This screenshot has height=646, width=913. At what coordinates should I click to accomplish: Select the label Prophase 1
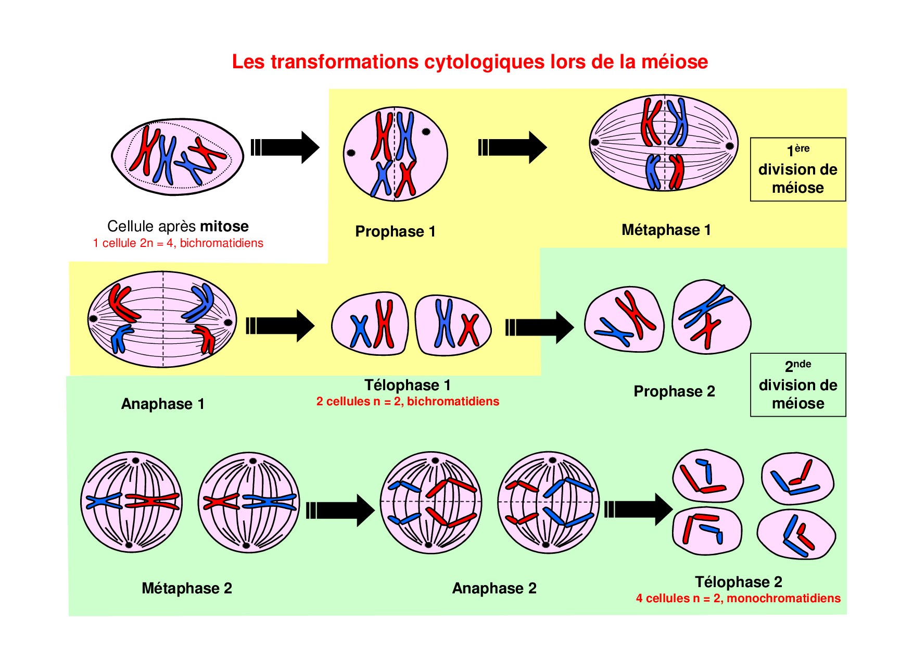[395, 231]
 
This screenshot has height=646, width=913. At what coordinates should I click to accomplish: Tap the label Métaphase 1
[666, 230]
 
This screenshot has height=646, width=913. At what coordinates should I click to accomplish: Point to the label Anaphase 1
[163, 404]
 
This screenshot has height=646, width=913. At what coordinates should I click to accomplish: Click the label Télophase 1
[407, 385]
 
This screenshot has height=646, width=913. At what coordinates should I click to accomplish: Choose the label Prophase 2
[674, 391]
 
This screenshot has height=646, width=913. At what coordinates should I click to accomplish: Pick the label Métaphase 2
[187, 588]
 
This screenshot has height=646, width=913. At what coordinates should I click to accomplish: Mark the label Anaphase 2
[494, 588]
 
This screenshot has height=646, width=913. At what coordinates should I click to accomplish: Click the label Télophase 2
[738, 581]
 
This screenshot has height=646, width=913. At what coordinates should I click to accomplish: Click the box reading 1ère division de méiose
[797, 169]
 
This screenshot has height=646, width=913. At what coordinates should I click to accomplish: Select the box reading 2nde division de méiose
[797, 385]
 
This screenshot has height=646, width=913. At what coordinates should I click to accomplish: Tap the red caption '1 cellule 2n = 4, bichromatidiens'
[178, 243]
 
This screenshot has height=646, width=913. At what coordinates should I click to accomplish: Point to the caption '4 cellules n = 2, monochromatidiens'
[738, 598]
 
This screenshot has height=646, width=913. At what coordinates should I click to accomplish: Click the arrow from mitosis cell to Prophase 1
[285, 147]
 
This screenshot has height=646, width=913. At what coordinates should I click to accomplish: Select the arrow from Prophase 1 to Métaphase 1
[512, 147]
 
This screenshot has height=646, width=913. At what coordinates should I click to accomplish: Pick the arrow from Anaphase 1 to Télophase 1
[280, 326]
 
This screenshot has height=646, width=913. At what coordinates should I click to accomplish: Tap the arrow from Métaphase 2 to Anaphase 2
[340, 510]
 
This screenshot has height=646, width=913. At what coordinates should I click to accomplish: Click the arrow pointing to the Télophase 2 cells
[638, 509]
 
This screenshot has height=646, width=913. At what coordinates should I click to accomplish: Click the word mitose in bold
[224, 226]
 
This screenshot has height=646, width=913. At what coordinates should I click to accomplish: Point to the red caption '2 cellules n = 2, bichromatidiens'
[408, 401]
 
